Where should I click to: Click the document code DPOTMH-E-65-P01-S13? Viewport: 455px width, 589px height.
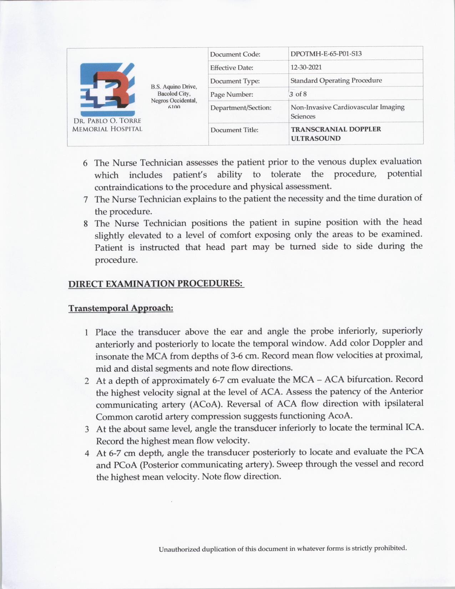pyautogui.click(x=326, y=54)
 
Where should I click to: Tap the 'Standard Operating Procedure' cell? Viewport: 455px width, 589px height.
pyautogui.click(x=336, y=80)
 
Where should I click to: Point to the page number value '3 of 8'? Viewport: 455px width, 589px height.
pyautogui.click(x=298, y=94)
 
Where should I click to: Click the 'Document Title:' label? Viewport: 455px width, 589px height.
pyautogui.click(x=234, y=130)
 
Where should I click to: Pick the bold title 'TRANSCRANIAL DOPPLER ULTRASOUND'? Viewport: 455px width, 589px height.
pyautogui.click(x=336, y=134)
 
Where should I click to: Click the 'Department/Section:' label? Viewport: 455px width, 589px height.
pyautogui.click(x=241, y=107)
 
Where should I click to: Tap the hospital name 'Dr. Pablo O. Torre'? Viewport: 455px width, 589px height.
pyautogui.click(x=107, y=121)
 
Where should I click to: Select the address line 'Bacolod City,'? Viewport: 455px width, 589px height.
pyautogui.click(x=174, y=94)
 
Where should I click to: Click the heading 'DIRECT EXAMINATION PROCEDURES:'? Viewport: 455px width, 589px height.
pyautogui.click(x=156, y=284)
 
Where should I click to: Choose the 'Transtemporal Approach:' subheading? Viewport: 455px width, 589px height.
pyautogui.click(x=121, y=308)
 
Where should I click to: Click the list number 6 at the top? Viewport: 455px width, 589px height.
pyautogui.click(x=85, y=163)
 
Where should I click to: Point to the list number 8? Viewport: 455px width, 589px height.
pyautogui.click(x=86, y=224)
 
